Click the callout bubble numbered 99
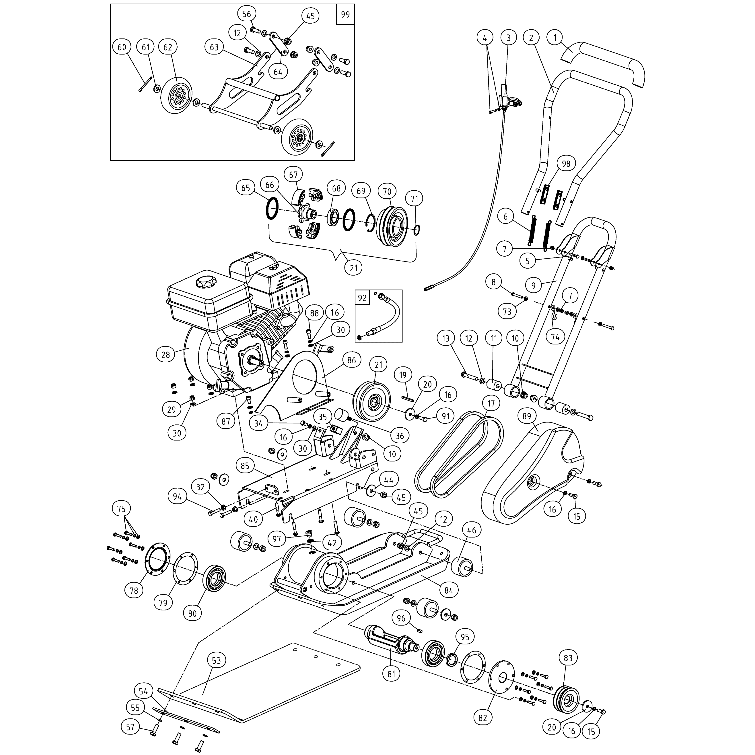(x=345, y=15)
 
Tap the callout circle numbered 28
(x=166, y=355)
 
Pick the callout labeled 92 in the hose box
(x=362, y=298)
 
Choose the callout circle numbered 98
(x=566, y=164)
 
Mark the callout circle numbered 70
(x=387, y=191)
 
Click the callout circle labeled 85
(x=245, y=466)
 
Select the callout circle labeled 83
(x=568, y=658)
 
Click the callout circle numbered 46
(x=472, y=530)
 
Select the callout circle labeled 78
(x=134, y=591)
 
